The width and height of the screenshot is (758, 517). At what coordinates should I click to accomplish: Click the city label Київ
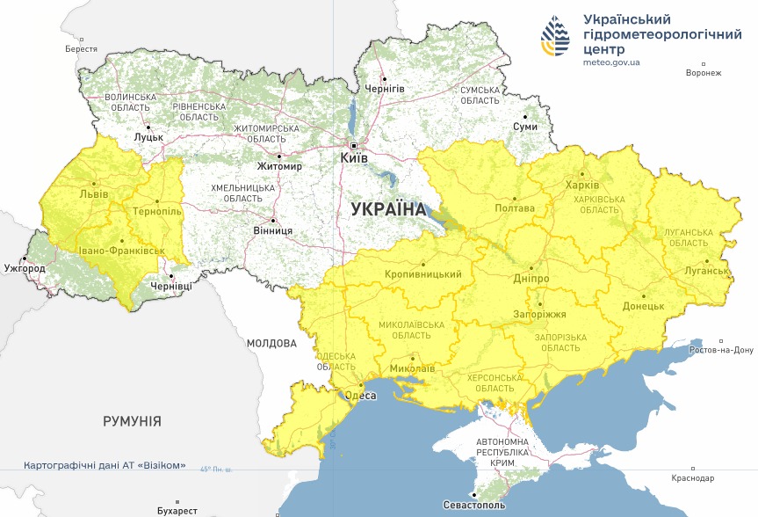tap(355, 157)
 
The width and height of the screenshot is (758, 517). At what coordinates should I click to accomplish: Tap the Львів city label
tap(94, 193)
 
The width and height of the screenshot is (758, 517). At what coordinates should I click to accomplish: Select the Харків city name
tap(583, 186)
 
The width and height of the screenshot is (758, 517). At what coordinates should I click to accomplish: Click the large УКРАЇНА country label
tap(387, 209)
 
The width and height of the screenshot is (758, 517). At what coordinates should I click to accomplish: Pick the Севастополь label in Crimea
tap(474, 507)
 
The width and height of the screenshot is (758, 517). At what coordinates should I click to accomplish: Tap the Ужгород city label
tap(24, 267)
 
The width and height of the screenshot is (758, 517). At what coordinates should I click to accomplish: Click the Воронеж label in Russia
tap(704, 73)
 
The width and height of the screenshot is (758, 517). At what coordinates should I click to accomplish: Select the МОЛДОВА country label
tap(271, 343)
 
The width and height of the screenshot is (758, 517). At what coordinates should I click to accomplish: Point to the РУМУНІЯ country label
tap(132, 421)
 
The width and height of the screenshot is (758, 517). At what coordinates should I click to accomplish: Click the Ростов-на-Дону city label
tap(720, 349)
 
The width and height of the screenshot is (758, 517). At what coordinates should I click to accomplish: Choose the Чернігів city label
tap(385, 90)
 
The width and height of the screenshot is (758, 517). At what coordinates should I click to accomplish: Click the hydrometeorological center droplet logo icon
tap(554, 36)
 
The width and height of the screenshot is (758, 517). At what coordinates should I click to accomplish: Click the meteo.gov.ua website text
tap(611, 62)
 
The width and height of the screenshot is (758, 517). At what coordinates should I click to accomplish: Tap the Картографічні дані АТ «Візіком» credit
tap(105, 464)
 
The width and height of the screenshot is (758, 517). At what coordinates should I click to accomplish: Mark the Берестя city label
tap(81, 49)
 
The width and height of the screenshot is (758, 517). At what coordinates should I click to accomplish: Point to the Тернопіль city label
tap(157, 212)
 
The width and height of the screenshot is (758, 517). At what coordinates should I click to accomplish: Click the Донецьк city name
tap(643, 306)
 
